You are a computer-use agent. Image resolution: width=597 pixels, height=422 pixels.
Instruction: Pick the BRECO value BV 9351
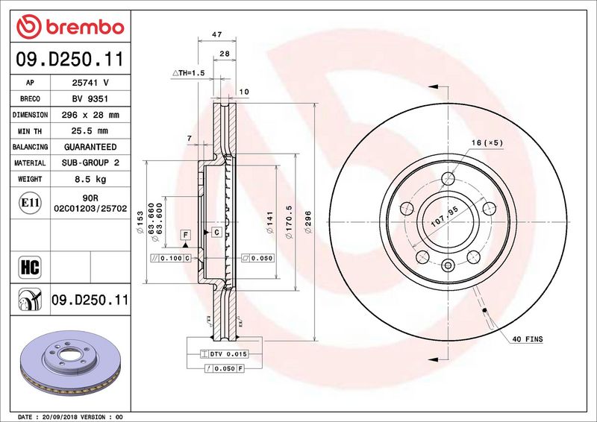91,99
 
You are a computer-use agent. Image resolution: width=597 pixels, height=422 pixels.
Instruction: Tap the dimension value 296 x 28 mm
91,116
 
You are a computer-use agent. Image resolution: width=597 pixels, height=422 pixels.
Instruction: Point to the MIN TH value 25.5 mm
91,131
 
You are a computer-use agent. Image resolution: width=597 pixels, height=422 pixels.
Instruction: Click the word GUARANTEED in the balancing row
91,148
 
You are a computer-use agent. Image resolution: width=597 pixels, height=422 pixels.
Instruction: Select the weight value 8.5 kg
91,180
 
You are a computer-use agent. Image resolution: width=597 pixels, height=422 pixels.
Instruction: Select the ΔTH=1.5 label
188,73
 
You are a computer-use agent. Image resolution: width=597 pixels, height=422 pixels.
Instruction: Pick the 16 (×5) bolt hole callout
486,142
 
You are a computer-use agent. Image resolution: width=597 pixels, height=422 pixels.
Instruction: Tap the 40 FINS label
527,339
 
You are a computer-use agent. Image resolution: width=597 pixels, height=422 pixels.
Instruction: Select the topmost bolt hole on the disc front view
448,178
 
